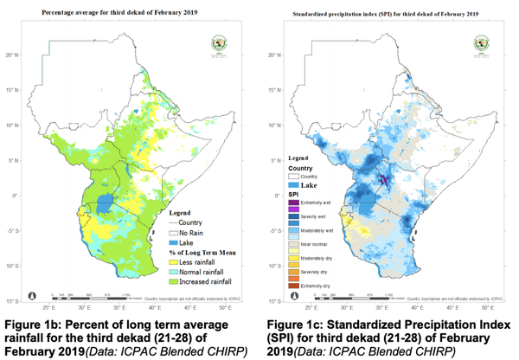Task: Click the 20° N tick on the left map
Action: (14, 55)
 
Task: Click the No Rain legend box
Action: (176, 233)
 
